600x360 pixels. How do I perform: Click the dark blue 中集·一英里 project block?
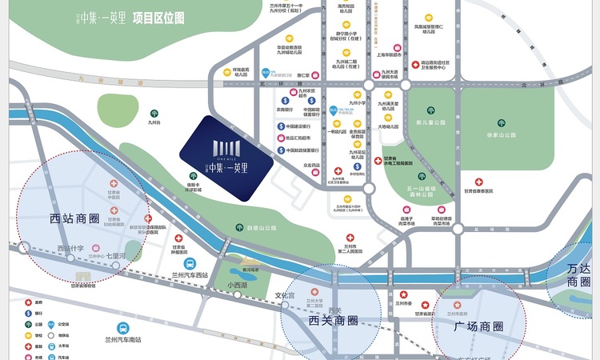point(226,153)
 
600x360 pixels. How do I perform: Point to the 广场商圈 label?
point(478,326)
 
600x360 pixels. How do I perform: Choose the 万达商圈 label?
point(578,276)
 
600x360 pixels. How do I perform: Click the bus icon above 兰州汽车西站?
point(189,262)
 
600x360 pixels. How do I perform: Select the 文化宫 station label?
point(286,295)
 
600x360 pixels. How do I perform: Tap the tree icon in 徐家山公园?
point(501,123)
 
